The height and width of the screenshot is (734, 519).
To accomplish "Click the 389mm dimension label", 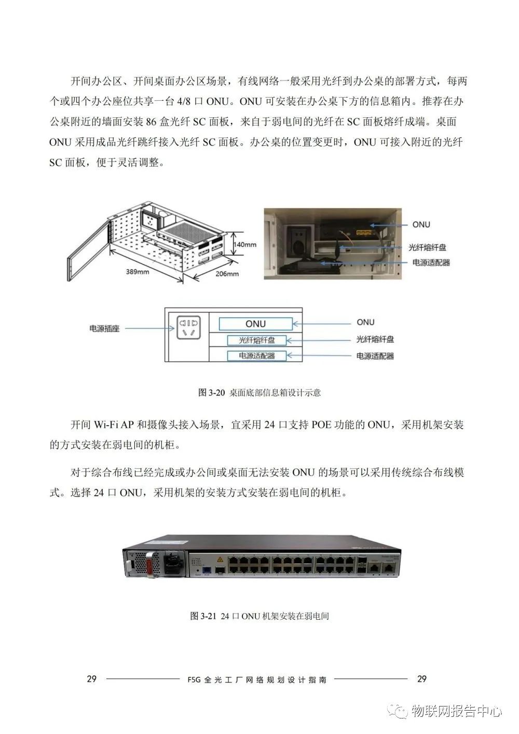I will point(136,272).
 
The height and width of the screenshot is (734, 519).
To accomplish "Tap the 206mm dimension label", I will point(226,274).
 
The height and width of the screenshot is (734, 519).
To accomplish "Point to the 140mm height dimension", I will point(245,244).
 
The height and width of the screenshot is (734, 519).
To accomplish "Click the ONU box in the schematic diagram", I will point(255,324).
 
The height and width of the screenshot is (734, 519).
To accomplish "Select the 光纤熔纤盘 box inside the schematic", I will point(256,341).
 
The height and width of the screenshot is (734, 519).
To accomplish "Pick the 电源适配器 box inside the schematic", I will point(256,356).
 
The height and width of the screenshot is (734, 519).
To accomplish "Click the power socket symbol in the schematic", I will point(187,328).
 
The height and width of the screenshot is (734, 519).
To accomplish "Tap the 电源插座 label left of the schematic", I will point(104,329).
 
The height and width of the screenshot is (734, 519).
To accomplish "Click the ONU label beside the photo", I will point(421,224).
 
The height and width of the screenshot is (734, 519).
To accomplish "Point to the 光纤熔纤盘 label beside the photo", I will point(427,248).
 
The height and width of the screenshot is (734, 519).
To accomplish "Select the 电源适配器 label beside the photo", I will point(431,263).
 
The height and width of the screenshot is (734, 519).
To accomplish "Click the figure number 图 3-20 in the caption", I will point(211,392).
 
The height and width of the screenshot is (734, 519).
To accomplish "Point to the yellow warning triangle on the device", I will point(220,560).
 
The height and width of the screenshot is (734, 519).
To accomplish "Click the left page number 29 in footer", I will point(91,679).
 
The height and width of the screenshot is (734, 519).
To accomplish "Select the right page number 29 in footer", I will point(421,679).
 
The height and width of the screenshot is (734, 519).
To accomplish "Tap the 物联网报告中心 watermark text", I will point(456,711).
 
